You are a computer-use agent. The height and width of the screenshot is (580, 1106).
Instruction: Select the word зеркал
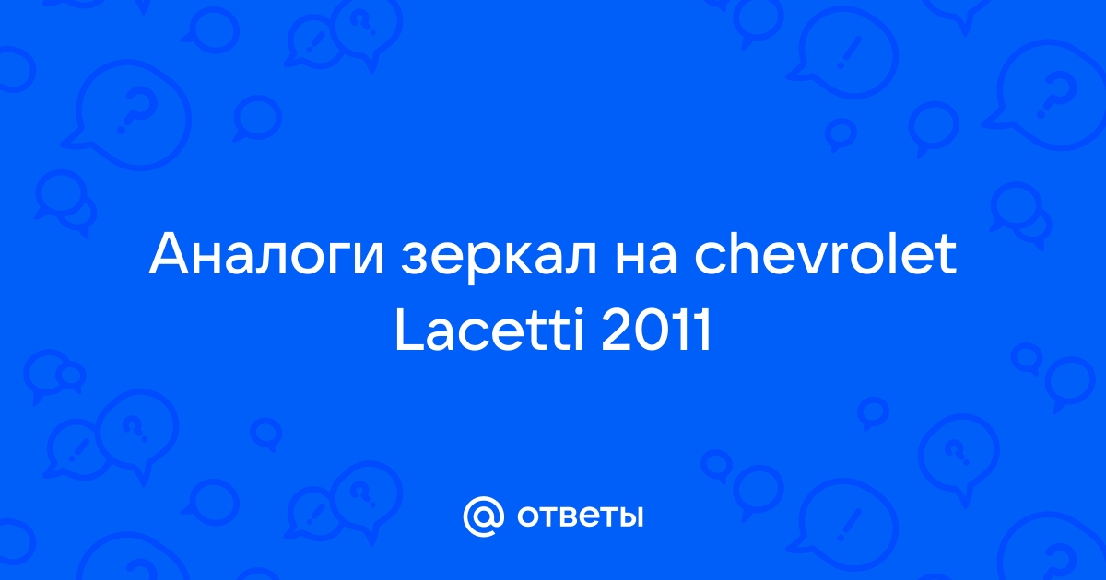(x=500, y=260)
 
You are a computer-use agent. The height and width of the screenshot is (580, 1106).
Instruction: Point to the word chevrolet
(x=825, y=252)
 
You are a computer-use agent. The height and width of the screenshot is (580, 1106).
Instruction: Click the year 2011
(x=656, y=329)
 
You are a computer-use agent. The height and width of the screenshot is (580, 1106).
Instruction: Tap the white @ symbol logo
(x=483, y=516)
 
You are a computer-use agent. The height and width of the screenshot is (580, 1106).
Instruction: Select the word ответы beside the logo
(x=580, y=516)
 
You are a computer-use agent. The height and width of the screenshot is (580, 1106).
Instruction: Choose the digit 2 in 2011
(x=617, y=329)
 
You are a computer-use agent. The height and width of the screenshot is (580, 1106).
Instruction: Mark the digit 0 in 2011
(x=653, y=330)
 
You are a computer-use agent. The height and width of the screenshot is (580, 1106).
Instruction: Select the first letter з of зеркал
(x=414, y=259)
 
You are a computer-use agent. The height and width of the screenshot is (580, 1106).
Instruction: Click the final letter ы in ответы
(x=629, y=516)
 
